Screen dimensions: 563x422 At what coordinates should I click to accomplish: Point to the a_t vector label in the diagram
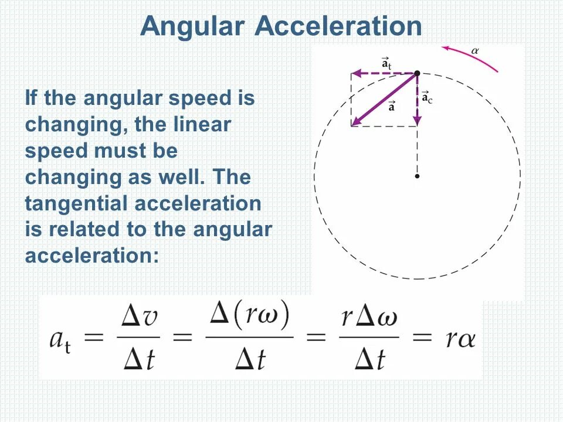(x=386, y=63)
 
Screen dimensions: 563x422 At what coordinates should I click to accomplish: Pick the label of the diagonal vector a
(x=391, y=106)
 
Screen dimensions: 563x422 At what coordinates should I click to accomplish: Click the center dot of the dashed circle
(x=416, y=175)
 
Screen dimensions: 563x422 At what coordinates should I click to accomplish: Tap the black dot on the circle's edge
(x=416, y=73)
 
